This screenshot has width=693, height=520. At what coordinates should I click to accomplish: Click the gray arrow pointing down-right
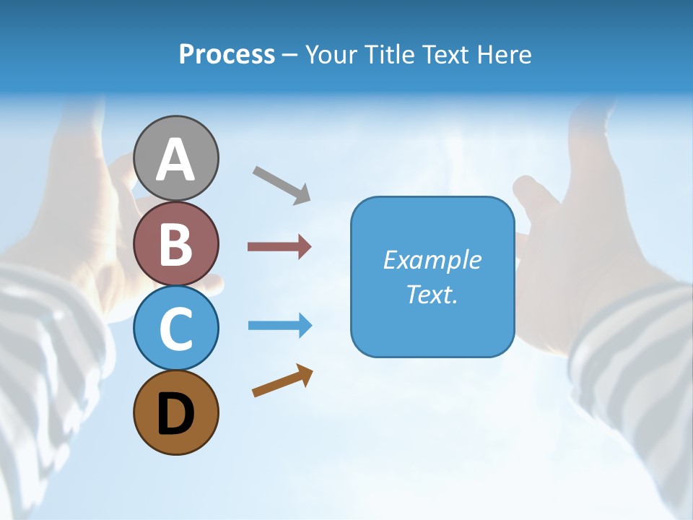[x=282, y=184]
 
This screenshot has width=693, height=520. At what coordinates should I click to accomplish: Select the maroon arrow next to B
[x=279, y=247]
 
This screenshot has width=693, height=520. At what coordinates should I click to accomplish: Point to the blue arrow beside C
[x=280, y=326]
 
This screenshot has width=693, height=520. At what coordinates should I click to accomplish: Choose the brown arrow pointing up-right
[x=282, y=381]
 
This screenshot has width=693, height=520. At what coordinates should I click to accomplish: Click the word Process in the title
[x=227, y=55]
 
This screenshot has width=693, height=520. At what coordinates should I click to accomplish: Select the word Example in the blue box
[x=432, y=260]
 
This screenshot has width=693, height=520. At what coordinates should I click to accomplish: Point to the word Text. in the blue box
[x=432, y=294]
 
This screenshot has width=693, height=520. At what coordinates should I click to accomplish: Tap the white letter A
[x=176, y=160]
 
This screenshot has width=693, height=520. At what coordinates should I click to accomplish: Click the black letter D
[x=176, y=415]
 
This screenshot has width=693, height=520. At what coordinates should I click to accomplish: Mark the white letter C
[x=176, y=329]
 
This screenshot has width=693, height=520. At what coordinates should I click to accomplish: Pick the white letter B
[x=176, y=244]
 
